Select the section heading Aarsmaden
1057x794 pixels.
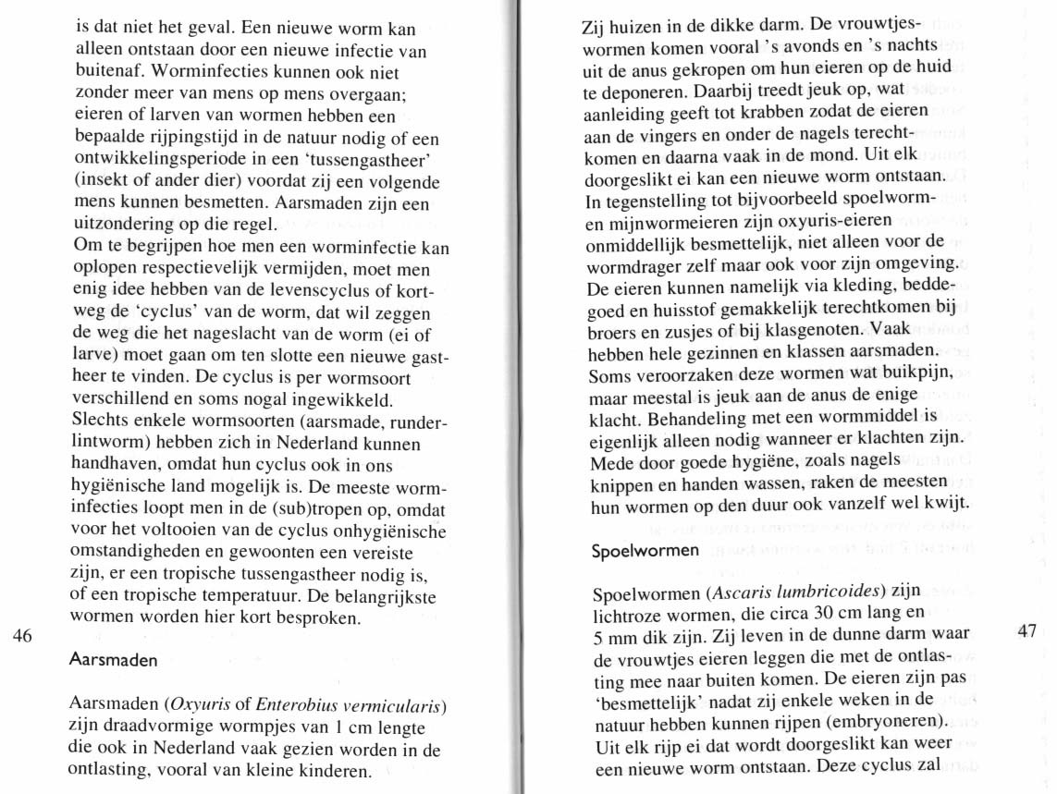point(114,661)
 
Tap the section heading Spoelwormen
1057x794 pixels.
point(645,551)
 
